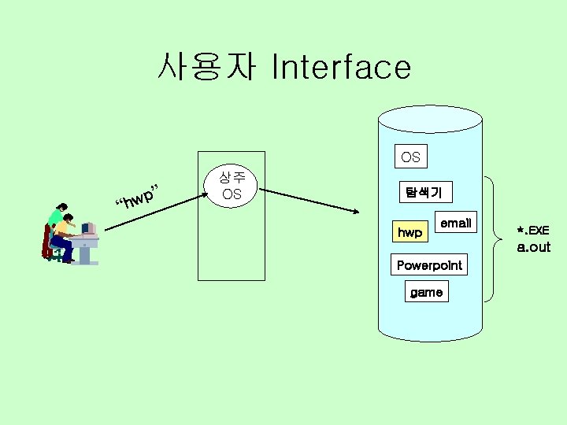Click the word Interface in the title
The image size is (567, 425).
(340, 68)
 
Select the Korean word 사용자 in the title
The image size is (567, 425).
(206, 68)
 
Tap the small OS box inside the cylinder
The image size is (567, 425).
(410, 157)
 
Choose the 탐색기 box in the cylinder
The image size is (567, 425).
(424, 191)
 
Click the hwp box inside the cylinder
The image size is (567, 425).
(409, 232)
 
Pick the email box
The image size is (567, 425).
(455, 223)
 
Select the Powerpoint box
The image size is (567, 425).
(429, 265)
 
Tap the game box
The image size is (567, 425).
(426, 292)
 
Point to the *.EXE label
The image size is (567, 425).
(533, 231)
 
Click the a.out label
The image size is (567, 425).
(533, 247)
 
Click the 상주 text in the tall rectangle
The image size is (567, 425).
(231, 178)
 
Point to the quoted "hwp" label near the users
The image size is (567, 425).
(139, 198)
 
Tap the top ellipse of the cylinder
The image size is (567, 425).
(430, 119)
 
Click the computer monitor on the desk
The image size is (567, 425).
(88, 228)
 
